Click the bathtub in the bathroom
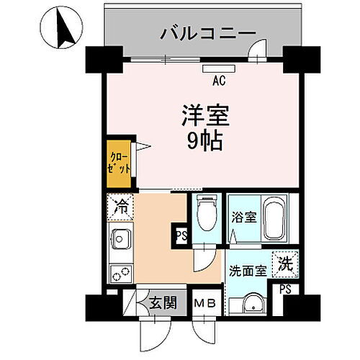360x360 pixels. [x=274, y=219]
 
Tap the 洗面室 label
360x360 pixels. [x=248, y=272]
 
